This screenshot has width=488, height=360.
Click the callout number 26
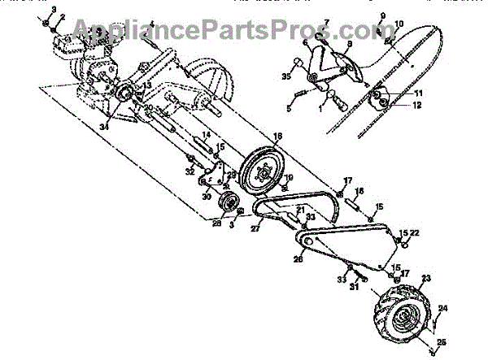pos(298,258)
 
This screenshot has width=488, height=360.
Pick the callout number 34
pos(103,126)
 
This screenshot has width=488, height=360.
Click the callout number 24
pos(442,308)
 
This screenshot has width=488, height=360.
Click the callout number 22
pos(415,233)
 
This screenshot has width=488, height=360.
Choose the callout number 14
pos(207,134)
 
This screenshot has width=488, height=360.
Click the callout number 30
pos(205,195)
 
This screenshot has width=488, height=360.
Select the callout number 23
pos(424,277)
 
